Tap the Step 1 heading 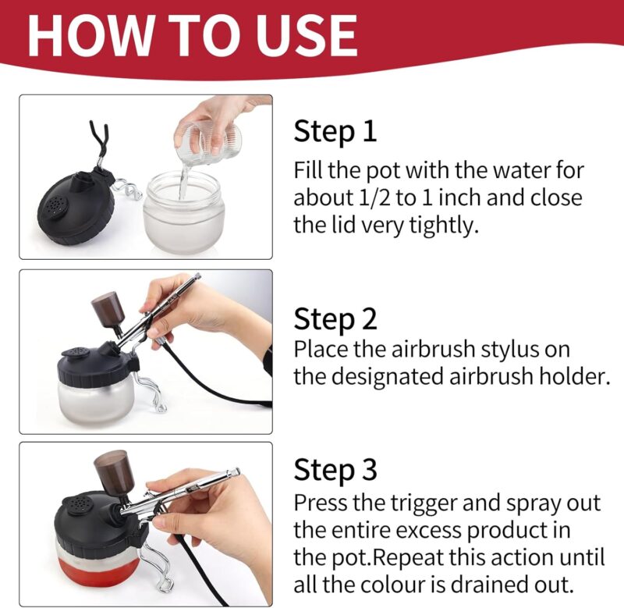point(335,131)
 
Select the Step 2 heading point(335,318)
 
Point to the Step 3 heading point(335,470)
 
